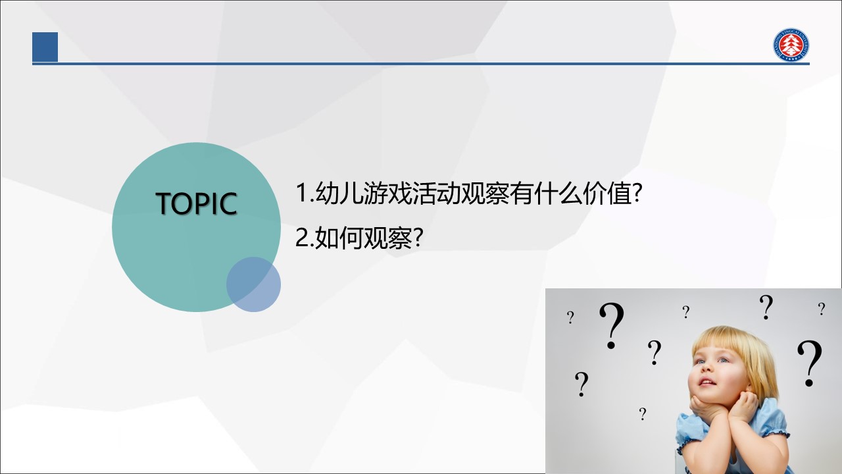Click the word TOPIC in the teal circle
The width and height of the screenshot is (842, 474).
[196, 203]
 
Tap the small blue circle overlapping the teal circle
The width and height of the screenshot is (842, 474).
[253, 284]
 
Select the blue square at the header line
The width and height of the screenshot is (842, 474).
[45, 47]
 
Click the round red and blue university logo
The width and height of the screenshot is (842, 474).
[791, 45]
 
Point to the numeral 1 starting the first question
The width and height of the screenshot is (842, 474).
[302, 193]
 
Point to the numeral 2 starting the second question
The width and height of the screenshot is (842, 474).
[302, 237]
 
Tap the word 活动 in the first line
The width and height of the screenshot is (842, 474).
[435, 193]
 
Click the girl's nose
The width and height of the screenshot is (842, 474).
[706, 370]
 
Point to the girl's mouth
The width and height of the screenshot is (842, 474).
[707, 382]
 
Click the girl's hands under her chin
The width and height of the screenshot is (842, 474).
[724, 408]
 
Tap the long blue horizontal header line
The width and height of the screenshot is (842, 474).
[421, 64]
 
